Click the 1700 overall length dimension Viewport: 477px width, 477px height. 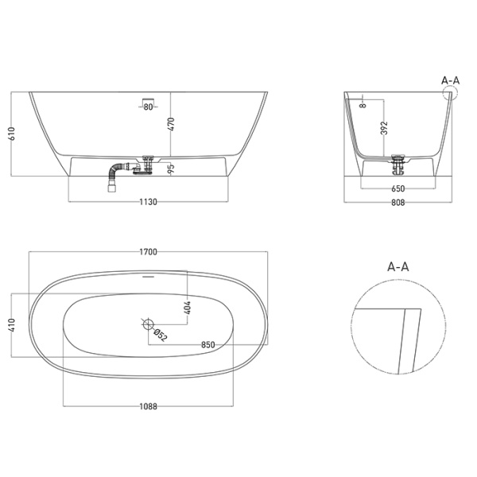point(149,252)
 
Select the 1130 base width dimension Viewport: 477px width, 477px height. point(149,202)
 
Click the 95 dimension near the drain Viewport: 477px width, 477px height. point(171,168)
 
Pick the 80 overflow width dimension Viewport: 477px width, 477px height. point(149,107)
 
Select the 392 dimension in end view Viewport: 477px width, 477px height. point(384,129)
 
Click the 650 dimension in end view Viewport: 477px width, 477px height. point(398,189)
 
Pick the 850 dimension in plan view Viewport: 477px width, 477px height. point(208,344)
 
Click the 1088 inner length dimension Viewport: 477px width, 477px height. point(149,406)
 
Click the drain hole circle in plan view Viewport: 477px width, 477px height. point(148,324)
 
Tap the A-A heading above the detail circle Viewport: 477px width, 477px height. point(397,268)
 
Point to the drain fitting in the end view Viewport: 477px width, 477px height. point(398,163)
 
